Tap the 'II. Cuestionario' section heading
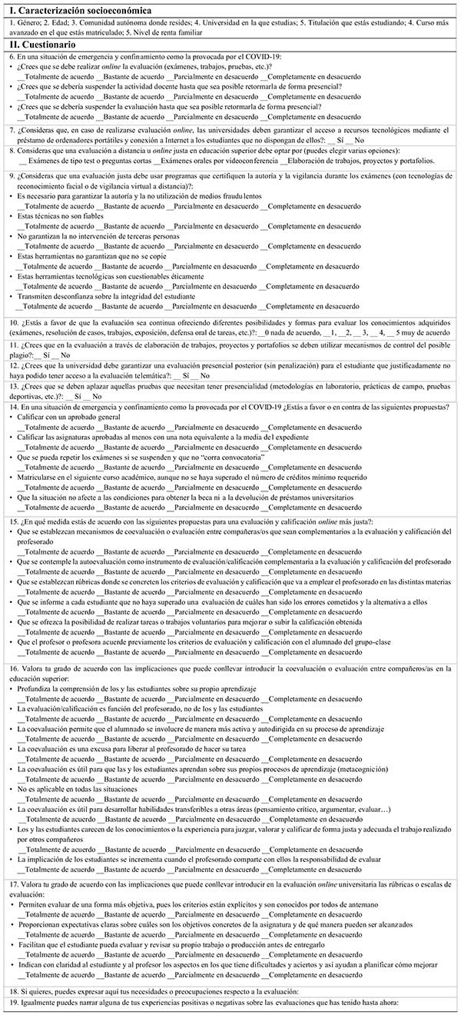(42, 45)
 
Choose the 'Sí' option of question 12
(182, 375)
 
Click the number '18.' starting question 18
(14, 990)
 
